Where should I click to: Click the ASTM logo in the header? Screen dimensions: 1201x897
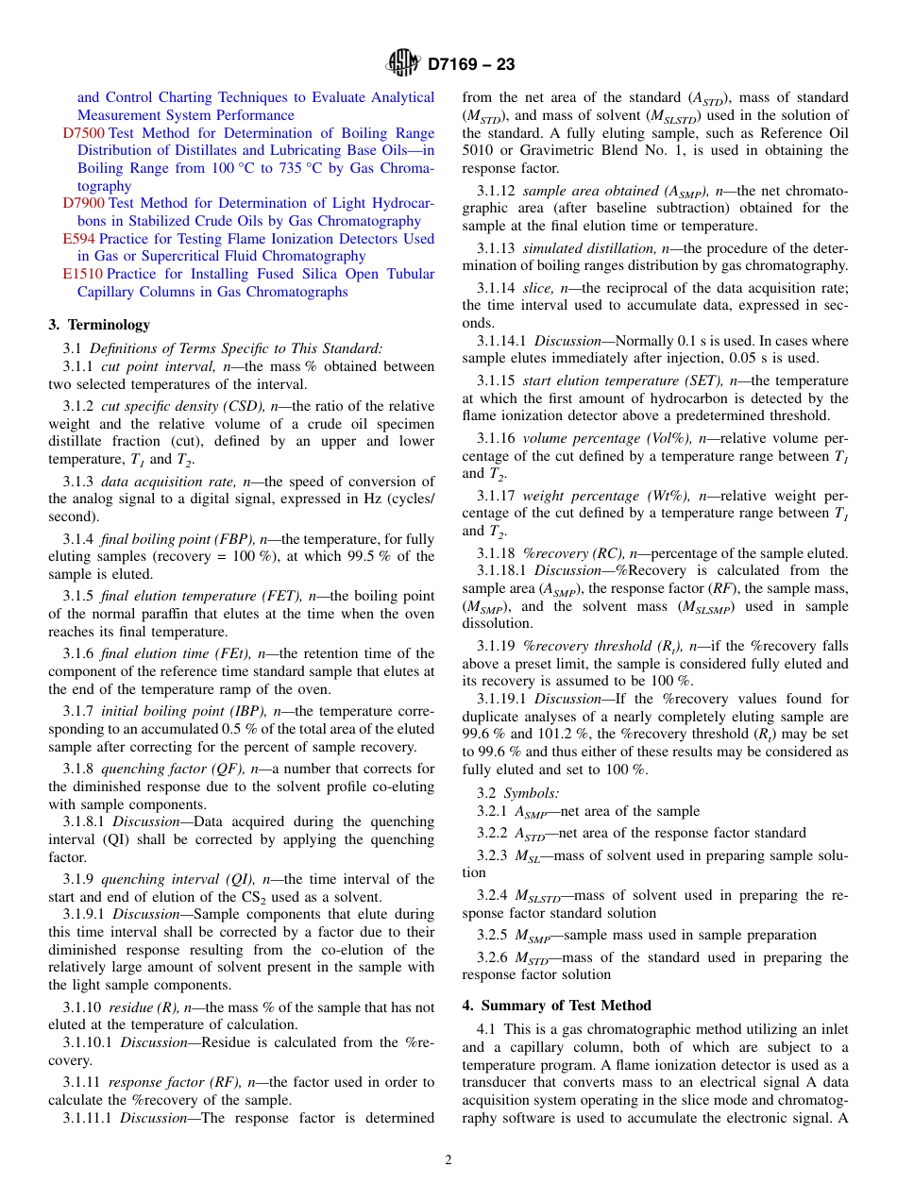(x=404, y=64)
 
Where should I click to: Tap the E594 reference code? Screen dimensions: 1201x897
(x=79, y=239)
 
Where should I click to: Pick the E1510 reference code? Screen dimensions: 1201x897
(x=83, y=274)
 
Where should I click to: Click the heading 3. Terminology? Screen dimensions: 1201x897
(x=99, y=325)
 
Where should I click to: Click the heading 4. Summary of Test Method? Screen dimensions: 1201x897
(x=556, y=1006)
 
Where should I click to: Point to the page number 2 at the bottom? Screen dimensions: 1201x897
(x=448, y=1160)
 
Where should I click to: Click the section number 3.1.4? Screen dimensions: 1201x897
(x=78, y=539)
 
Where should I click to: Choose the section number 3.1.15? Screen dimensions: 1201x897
(x=495, y=381)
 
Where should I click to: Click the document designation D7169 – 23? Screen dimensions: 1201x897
(x=471, y=65)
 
